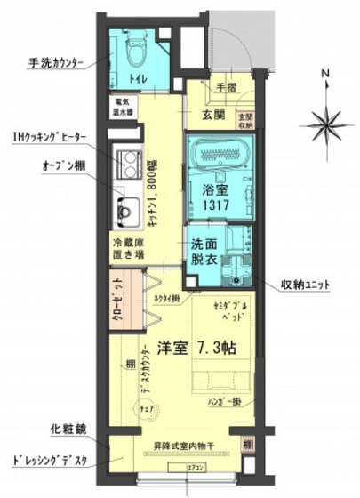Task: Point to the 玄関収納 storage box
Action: point(244,118)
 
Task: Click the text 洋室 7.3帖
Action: point(202,346)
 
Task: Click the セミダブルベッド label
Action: point(232,310)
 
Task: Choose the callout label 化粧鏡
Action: point(68,429)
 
